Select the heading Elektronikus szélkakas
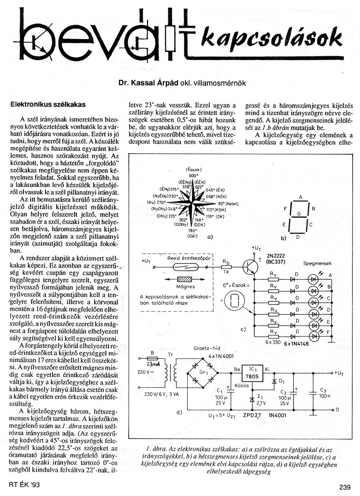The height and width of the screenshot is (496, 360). [x=48, y=104]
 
